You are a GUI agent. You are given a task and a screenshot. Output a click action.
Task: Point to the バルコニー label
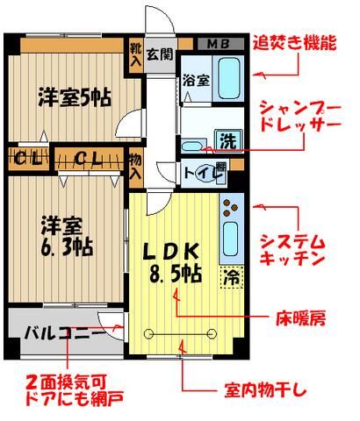53,332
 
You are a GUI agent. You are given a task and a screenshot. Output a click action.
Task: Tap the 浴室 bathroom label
195,80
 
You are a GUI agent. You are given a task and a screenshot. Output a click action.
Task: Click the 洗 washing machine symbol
227,140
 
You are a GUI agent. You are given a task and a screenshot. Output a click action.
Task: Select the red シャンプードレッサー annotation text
295,116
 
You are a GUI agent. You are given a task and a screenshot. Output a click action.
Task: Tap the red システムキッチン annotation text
294,250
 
